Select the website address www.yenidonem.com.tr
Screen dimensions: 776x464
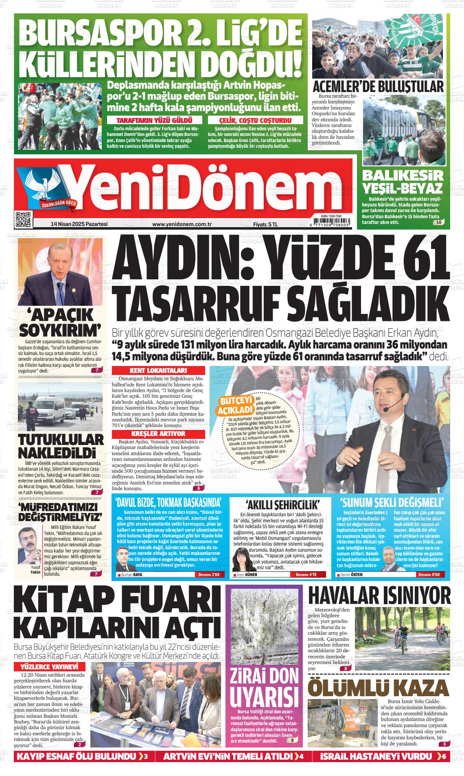click(182, 224)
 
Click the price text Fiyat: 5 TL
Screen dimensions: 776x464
click(265, 224)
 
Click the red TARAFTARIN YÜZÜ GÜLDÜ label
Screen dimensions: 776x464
click(154, 120)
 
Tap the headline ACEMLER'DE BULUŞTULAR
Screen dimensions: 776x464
click(378, 87)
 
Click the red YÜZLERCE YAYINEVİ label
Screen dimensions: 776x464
click(50, 667)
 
